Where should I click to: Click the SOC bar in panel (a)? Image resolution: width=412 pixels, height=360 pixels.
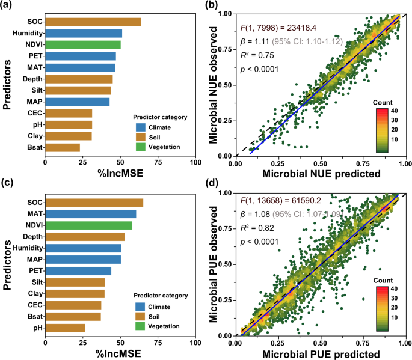click(x=93, y=22)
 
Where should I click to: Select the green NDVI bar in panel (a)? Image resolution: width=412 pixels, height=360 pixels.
click(x=82, y=44)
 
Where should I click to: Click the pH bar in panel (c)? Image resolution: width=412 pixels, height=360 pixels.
click(x=65, y=328)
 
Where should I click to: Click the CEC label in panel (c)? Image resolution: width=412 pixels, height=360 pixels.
click(x=34, y=305)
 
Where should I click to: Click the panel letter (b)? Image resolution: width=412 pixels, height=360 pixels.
click(x=212, y=6)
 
